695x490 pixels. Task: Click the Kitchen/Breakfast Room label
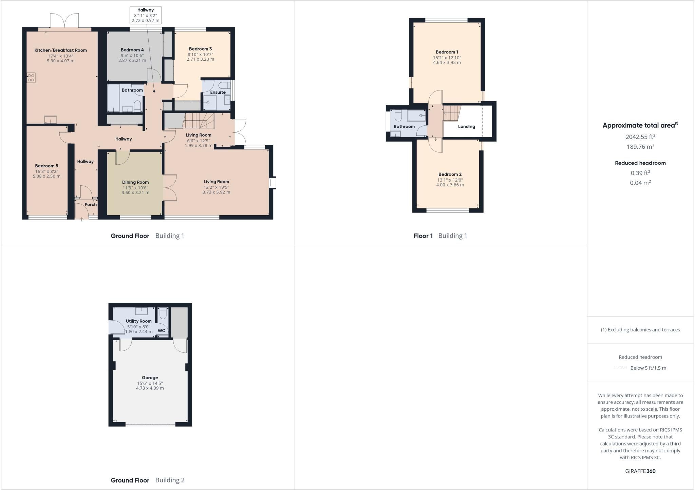[61, 50]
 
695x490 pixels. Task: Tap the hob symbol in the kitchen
[31, 78]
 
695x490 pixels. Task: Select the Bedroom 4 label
[132, 50]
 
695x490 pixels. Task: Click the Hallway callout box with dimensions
[146, 15]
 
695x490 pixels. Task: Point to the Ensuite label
[218, 92]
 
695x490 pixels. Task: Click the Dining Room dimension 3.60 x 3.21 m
[135, 192]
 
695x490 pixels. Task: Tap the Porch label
[91, 205]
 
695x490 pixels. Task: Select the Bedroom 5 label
[46, 166]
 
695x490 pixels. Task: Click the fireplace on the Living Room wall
[273, 183]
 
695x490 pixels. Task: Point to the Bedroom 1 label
[447, 52]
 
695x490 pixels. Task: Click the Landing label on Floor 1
[467, 127]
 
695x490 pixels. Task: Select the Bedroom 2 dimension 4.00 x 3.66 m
[450, 185]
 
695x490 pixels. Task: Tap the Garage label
[150, 378]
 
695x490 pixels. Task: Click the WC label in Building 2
[162, 331]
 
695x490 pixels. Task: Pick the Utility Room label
[139, 321]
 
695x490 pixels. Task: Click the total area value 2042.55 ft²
[640, 137]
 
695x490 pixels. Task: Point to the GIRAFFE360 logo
[640, 471]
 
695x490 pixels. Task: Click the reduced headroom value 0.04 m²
[640, 183]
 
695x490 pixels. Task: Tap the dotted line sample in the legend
[620, 368]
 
